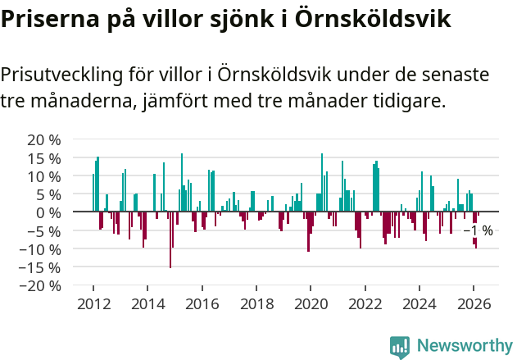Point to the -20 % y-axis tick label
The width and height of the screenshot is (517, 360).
[42, 285]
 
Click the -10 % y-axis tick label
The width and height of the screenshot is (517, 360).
[42, 248]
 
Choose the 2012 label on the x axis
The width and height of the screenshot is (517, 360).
[93, 303]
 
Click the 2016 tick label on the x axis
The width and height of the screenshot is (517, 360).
[202, 303]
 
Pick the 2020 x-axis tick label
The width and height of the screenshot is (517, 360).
[311, 303]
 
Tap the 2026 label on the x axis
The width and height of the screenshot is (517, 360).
[474, 303]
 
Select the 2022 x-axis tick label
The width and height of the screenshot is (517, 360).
[365, 303]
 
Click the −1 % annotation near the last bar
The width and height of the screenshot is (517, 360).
[478, 231]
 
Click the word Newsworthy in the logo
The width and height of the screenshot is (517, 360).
[465, 346]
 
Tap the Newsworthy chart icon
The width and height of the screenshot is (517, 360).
[400, 347]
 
